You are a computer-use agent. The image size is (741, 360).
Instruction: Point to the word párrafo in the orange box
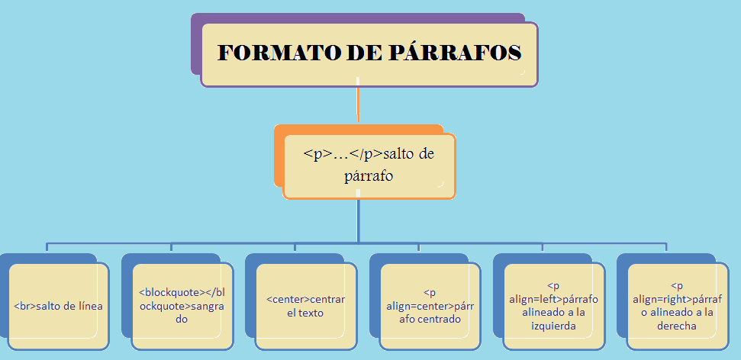click(369, 176)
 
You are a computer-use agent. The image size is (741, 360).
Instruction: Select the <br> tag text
click(24, 307)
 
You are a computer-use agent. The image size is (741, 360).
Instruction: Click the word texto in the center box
click(311, 313)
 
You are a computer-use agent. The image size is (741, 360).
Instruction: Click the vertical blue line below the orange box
click(358, 221)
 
